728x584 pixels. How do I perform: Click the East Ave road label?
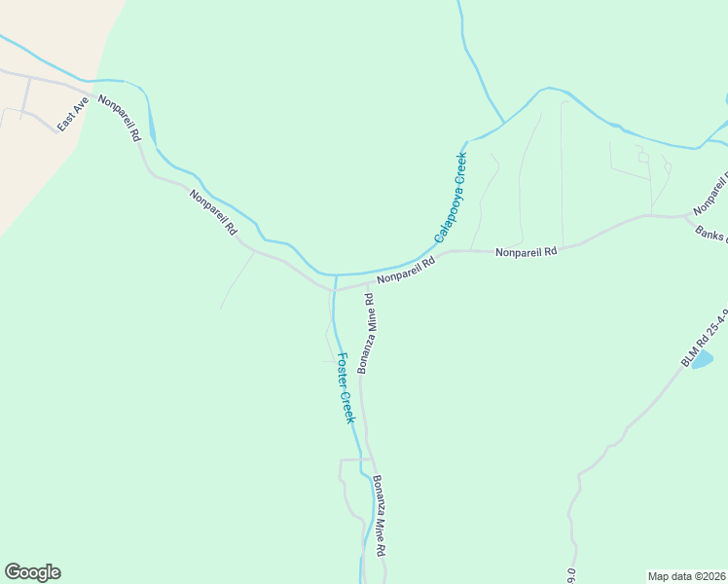point(72,115)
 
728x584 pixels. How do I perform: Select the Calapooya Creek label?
point(451,197)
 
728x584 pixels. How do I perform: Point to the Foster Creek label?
point(345,386)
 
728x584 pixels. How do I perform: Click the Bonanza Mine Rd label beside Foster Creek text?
point(368,332)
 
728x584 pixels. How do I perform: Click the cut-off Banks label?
point(711,237)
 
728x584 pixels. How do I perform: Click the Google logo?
point(32,572)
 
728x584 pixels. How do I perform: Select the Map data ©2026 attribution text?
point(686,575)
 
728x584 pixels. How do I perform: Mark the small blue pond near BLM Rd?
point(702,360)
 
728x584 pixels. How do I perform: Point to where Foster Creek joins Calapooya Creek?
point(336,275)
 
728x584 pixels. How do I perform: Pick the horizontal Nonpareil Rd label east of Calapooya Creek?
point(526,251)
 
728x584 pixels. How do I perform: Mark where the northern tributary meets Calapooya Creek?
point(503,124)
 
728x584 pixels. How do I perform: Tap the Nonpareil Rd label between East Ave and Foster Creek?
point(214,212)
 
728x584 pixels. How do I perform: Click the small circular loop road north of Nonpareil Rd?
point(642,155)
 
